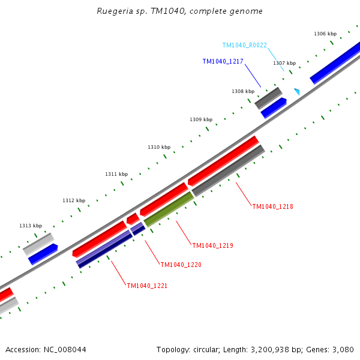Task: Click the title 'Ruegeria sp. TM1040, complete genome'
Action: pos(179,11)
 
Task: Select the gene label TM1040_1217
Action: pos(223,61)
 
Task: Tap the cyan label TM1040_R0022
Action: pos(244,45)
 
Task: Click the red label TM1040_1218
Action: pos(272,206)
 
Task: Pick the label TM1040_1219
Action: pos(212,245)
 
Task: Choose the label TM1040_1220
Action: pos(181,265)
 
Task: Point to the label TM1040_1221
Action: pos(147,286)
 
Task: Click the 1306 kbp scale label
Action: pos(325,34)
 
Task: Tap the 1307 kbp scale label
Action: pos(284,63)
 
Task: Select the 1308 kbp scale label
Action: pos(243,91)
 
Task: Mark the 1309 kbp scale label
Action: pos(201,119)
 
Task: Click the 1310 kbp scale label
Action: pos(159,147)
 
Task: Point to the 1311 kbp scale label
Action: pos(116,174)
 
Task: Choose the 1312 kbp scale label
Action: pos(74,200)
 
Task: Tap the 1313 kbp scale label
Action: pos(31,226)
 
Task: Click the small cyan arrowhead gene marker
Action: pos(296,91)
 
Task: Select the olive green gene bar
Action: pos(169,209)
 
